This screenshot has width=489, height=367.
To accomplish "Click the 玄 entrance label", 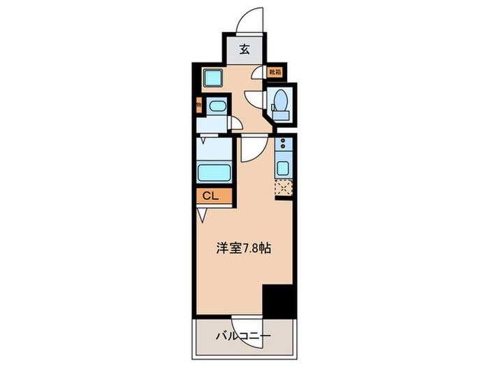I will point(245,49).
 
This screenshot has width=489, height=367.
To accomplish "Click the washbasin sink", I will point(217,108).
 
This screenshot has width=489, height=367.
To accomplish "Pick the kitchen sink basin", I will point(284,168).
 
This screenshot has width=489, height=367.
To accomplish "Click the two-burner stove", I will point(284,147).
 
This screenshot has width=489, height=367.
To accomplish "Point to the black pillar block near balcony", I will point(279,300).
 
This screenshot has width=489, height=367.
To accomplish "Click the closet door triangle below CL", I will point(202,215).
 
